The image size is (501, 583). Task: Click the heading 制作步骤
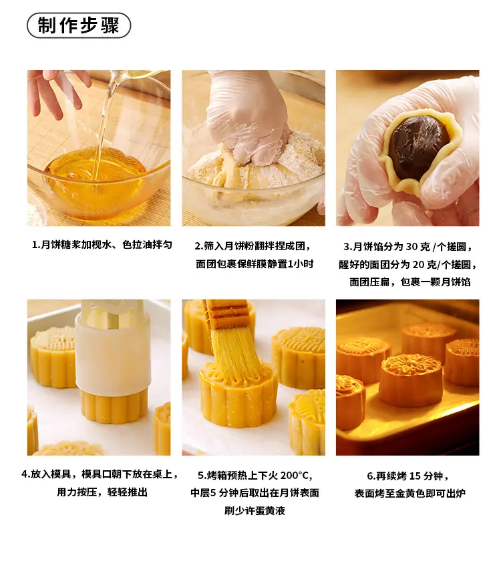coord(79,25)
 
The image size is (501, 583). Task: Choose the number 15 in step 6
coord(415,476)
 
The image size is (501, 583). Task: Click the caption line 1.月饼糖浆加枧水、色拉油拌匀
coord(102,245)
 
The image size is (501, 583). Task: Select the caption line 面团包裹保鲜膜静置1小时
coord(255,264)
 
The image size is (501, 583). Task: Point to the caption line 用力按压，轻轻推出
coord(102,492)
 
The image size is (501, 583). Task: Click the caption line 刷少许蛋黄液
coord(255,510)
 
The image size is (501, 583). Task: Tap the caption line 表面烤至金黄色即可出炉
coord(409,494)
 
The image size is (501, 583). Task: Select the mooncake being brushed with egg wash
coord(238,394)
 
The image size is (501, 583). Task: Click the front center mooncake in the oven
coord(410,380)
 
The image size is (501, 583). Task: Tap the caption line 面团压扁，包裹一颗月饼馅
coord(409,282)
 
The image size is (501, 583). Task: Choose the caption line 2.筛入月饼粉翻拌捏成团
coord(253,246)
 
